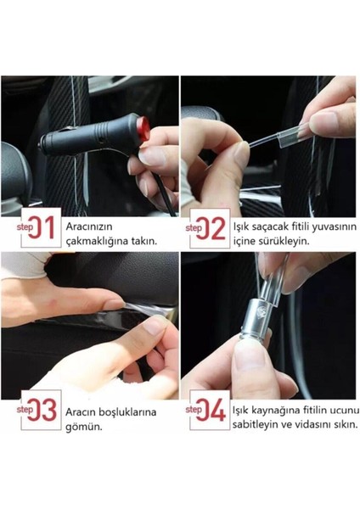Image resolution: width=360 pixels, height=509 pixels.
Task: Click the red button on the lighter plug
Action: point(143,129)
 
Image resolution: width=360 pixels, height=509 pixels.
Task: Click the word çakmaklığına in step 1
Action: point(97,242)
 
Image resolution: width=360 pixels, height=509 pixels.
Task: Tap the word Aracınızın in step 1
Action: point(88,227)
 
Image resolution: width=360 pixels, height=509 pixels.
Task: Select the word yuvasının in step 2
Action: point(334,227)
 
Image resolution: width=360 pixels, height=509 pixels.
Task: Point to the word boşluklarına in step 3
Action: point(127,412)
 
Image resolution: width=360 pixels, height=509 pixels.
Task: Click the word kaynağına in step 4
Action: point(276,411)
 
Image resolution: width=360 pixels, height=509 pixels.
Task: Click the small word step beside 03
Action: point(25,410)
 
